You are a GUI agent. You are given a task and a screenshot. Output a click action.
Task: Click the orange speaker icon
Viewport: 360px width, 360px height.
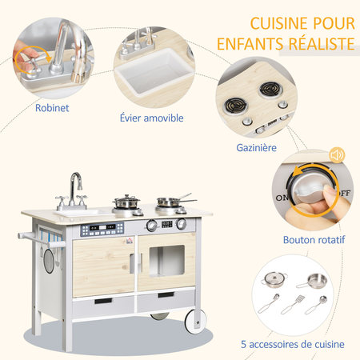[337, 154]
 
